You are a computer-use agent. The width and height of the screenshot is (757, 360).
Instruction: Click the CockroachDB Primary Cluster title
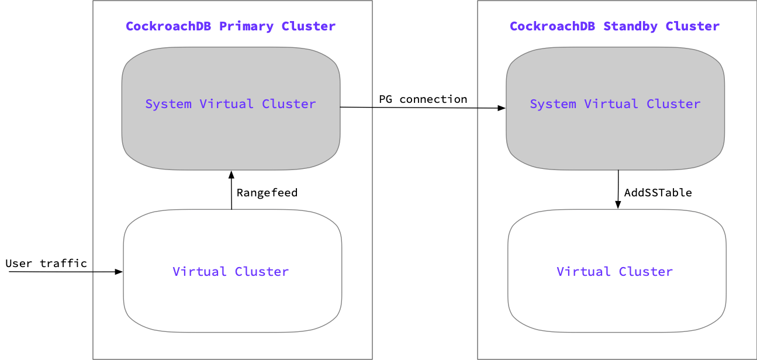230,26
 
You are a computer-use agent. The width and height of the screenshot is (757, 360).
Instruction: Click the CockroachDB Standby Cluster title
615,26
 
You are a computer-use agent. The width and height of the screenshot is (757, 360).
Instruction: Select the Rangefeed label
267,192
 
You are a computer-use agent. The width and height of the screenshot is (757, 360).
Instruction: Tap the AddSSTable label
658,192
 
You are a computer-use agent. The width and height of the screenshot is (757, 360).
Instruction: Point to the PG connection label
423,99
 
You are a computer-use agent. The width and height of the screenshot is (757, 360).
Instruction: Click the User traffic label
46,263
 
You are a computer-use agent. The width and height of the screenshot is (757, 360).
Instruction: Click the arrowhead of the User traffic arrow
119,272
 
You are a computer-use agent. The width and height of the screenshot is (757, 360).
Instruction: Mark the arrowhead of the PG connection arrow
502,108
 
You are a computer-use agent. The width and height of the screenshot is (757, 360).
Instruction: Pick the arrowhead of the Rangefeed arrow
231,175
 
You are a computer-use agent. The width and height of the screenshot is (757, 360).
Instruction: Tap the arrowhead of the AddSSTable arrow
618,204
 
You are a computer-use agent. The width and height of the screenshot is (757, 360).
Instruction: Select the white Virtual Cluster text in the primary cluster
230,272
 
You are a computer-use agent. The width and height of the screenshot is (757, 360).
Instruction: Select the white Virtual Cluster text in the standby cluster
614,272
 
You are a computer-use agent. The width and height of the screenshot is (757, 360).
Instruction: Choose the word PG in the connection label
385,99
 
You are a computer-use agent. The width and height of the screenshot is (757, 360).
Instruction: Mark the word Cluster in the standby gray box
673,104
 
